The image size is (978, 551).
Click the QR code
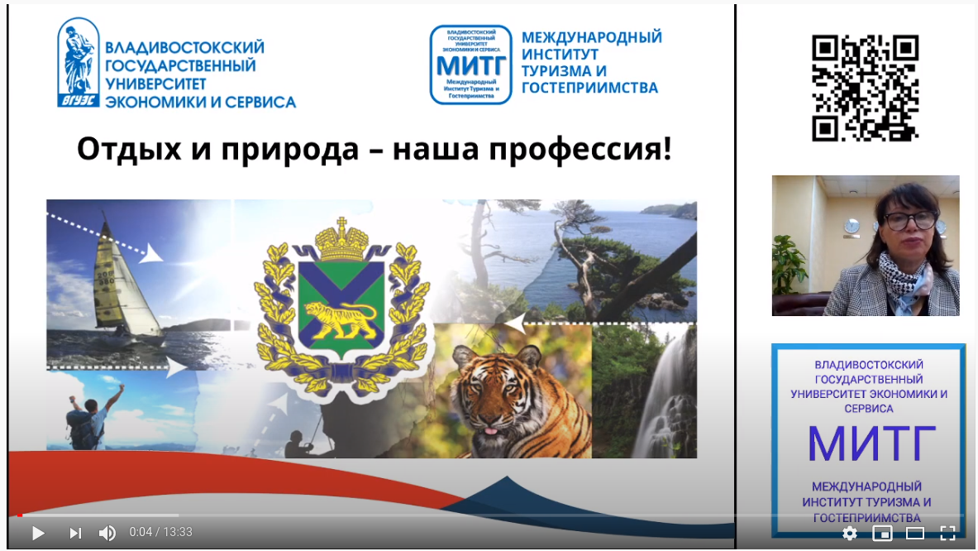(865, 88)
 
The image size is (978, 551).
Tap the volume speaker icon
(107, 533)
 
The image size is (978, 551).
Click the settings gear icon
(849, 533)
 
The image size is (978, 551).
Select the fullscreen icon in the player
(947, 533)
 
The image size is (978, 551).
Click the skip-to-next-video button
(75, 533)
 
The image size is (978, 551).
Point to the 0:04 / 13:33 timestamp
(160, 532)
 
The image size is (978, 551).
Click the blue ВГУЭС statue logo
(78, 64)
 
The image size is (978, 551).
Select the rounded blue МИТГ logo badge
(470, 65)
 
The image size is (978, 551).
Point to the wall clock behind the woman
(852, 226)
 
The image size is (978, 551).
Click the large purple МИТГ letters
(871, 443)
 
